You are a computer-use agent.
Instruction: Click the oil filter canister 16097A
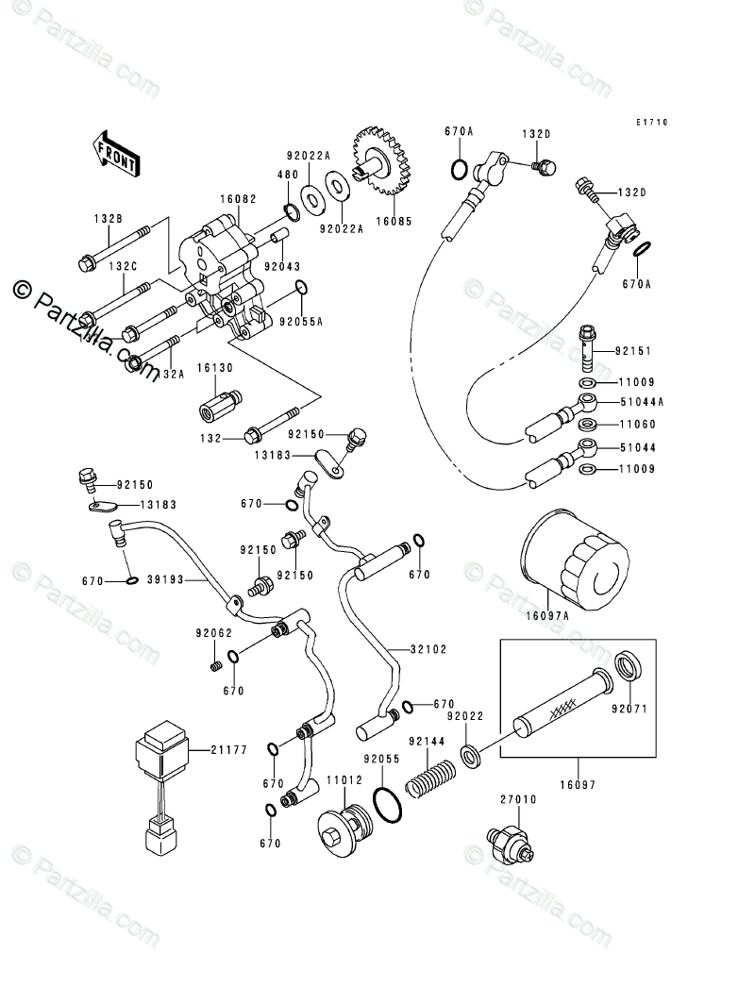point(575,566)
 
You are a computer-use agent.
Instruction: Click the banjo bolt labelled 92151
point(587,345)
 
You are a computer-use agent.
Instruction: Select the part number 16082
point(239,199)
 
